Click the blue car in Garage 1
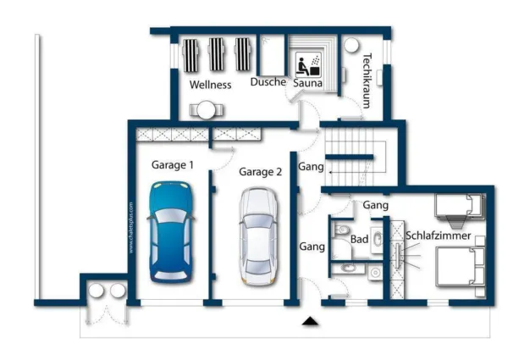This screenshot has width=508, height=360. coord(172,232)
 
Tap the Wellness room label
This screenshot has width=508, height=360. coord(211,85)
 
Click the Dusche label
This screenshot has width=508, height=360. coord(268,82)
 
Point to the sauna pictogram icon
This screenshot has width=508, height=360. coord(305,64)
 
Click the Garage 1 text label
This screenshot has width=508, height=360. coord(173,165)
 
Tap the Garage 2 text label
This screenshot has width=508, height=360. coord(260,172)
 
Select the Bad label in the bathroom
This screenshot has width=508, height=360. coord(359,240)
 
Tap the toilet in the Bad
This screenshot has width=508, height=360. coord(340,230)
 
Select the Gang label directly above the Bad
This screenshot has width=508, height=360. coord(375,205)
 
